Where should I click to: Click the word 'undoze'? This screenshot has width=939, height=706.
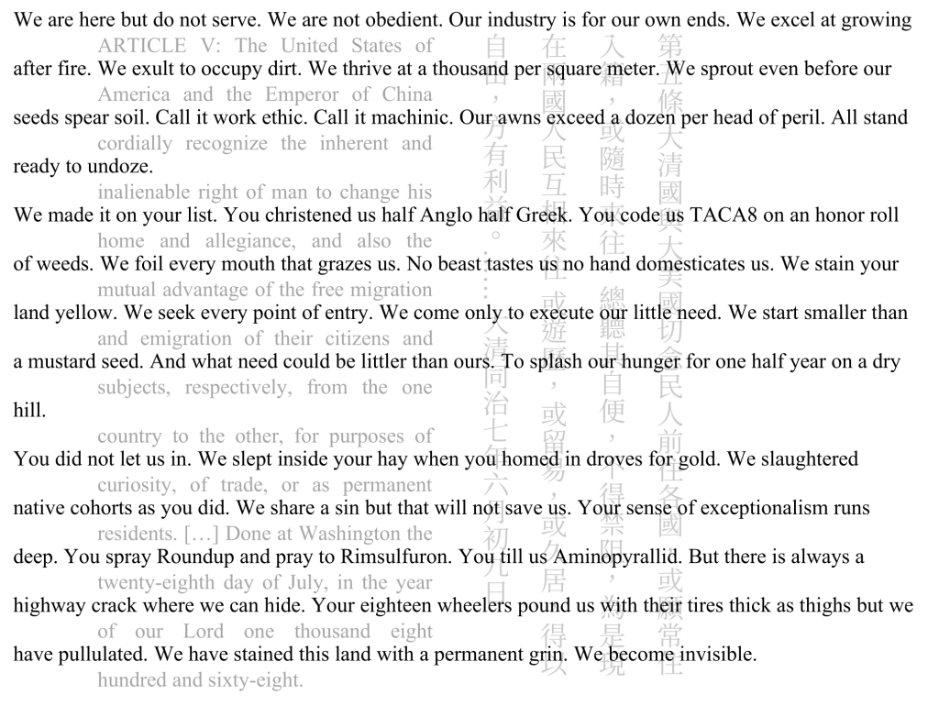121,167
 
